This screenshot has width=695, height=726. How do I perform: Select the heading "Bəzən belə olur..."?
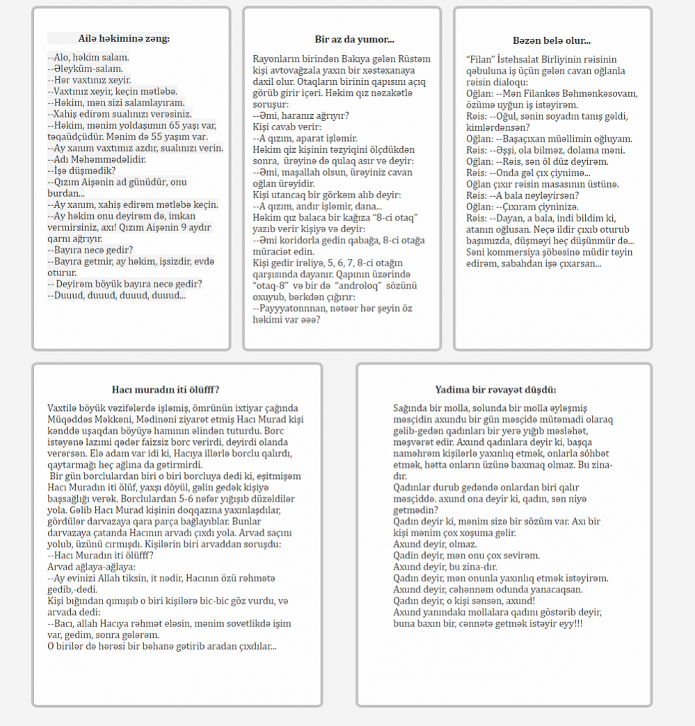pos(552,41)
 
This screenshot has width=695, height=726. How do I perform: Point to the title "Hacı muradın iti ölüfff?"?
pos(170,389)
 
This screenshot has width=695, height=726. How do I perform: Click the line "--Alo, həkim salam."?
pos(88,57)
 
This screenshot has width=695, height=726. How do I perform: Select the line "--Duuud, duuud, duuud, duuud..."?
pos(116,295)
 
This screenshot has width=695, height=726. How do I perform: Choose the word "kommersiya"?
pos(518,252)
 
